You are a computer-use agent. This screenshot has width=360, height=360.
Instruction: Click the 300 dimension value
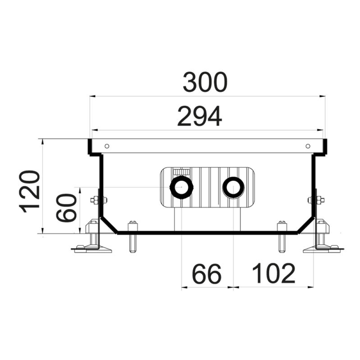pos(205,82)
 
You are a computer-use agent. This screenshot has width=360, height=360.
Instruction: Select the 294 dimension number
pos(199,116)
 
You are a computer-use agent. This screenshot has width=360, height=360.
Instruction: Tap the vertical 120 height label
pos(30,192)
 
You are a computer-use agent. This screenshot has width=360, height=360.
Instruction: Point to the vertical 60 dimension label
pos(66,208)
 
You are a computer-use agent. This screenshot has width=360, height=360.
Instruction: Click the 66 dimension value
pos(207,274)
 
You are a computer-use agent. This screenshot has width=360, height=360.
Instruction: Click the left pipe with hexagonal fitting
pos(181,187)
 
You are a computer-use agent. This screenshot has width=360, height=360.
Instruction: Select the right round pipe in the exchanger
pos(233,187)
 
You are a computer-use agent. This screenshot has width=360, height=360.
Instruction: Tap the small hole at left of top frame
pos(107,146)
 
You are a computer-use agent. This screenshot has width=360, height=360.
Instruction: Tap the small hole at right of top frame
pos(308,146)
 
